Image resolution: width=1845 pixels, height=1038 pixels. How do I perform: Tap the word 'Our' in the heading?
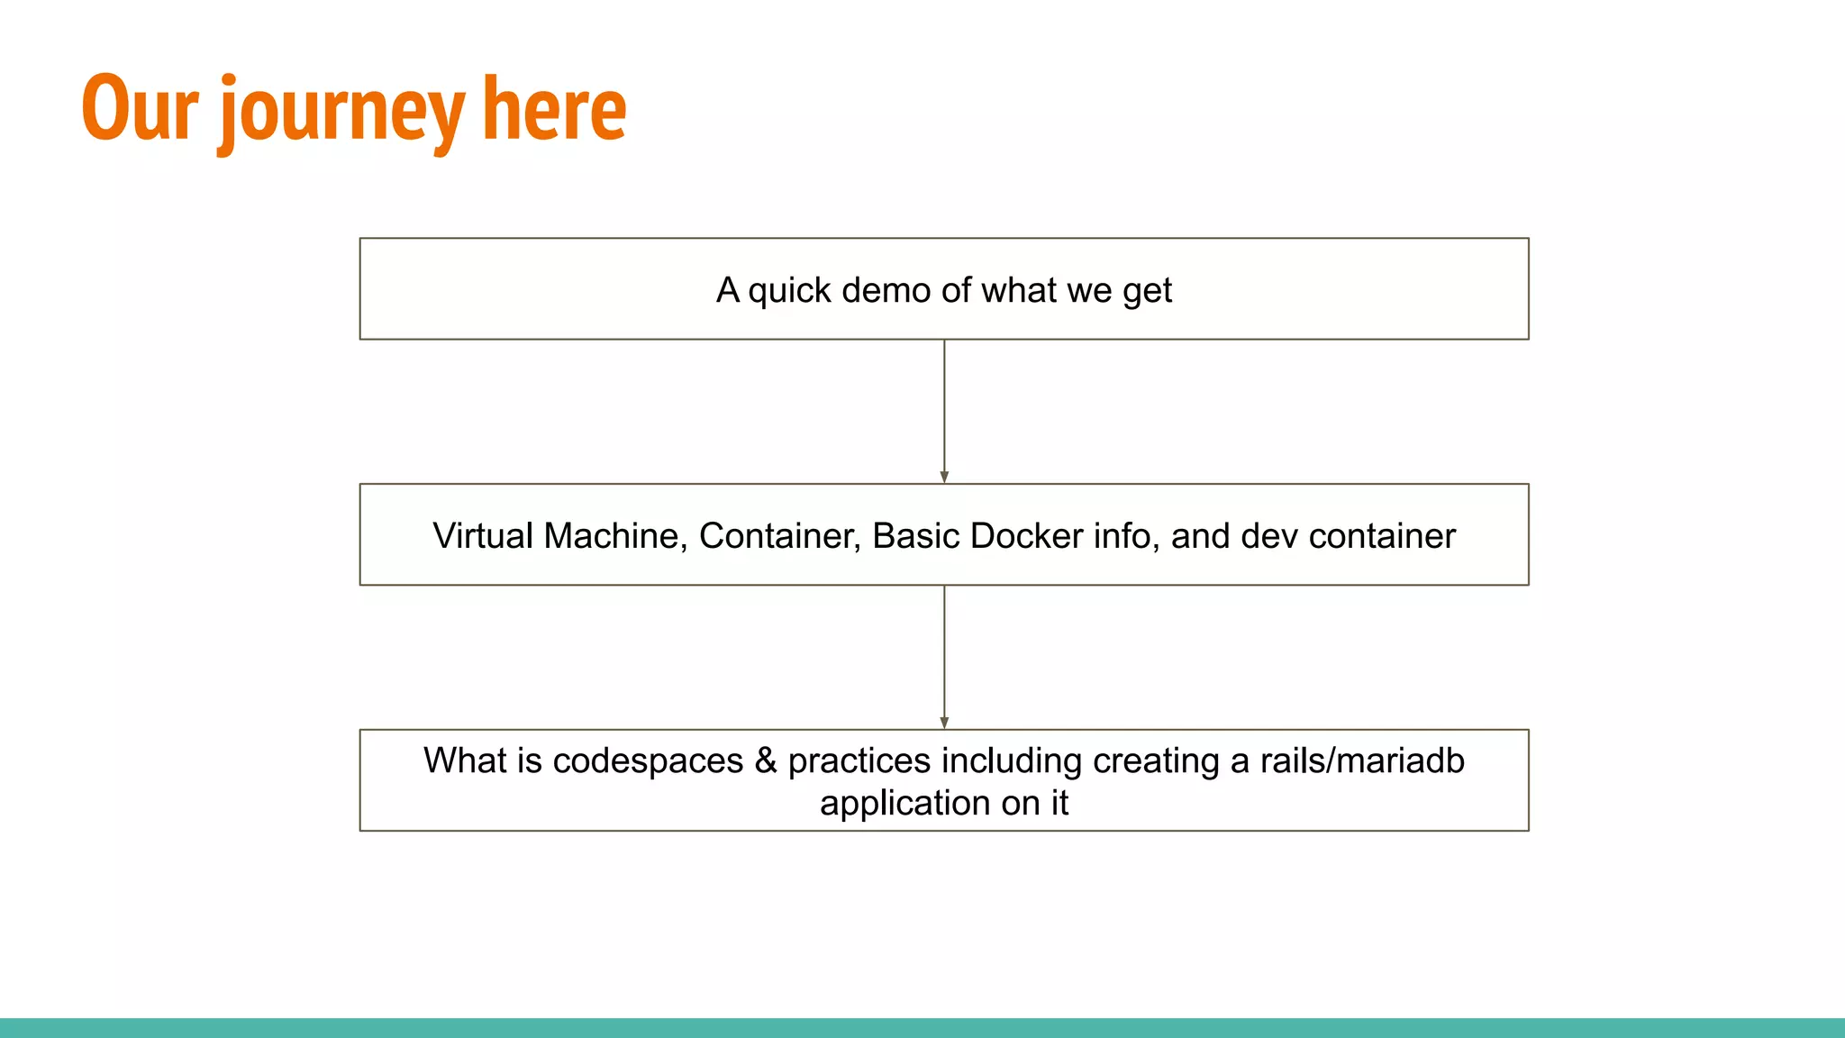[140, 108]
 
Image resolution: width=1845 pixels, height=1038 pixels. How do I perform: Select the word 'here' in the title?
[553, 108]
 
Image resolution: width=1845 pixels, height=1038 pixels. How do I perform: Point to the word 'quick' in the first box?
[789, 291]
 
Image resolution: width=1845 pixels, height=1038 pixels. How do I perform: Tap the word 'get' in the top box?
[1147, 291]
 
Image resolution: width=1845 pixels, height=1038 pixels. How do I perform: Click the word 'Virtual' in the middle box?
[483, 535]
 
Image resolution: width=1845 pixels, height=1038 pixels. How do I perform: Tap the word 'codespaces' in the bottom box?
[648, 760]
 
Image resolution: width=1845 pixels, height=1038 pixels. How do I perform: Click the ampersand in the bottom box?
[766, 760]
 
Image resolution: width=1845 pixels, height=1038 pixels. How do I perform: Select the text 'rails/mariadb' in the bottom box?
[1361, 760]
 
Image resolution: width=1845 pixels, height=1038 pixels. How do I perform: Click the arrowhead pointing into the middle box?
[944, 477]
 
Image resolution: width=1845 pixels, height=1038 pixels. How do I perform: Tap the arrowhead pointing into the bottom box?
[944, 723]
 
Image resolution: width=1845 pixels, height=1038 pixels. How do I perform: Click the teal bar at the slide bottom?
[922, 1027]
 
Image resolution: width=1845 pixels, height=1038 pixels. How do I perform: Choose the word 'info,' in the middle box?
[1125, 535]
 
